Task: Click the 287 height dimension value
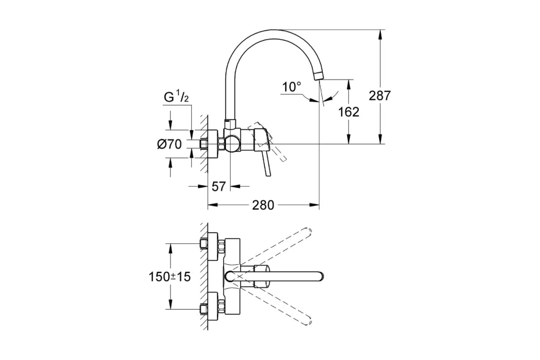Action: pyautogui.click(x=380, y=96)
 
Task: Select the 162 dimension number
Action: pyautogui.click(x=348, y=112)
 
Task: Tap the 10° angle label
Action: pyautogui.click(x=292, y=87)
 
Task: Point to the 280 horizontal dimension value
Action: pyautogui.click(x=263, y=205)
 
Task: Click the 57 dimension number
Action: pyautogui.click(x=218, y=186)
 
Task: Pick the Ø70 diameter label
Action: pyautogui.click(x=169, y=144)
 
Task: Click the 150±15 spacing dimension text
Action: pyautogui.click(x=170, y=277)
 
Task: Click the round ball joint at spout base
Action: pyautogui.click(x=233, y=144)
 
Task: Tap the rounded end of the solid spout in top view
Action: pyautogui.click(x=320, y=276)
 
